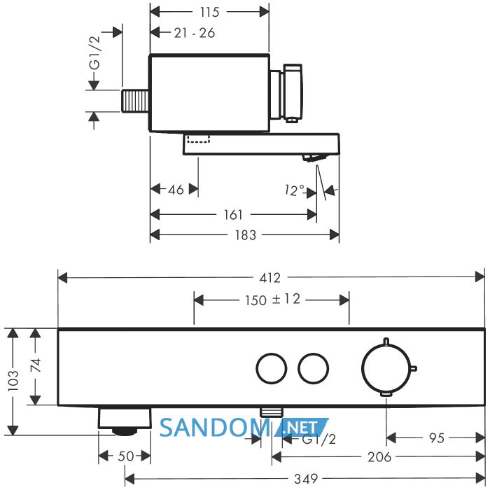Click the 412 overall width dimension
pos(270,277)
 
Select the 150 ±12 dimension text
pos(272,300)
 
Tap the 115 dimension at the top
pos(209,12)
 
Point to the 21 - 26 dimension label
pos(195,33)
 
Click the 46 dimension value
pos(176,190)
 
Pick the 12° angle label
pos(295,190)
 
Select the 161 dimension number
pos(233,215)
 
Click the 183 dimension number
pos(246,235)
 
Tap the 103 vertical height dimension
pos(13,380)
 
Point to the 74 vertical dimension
pos(36,365)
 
